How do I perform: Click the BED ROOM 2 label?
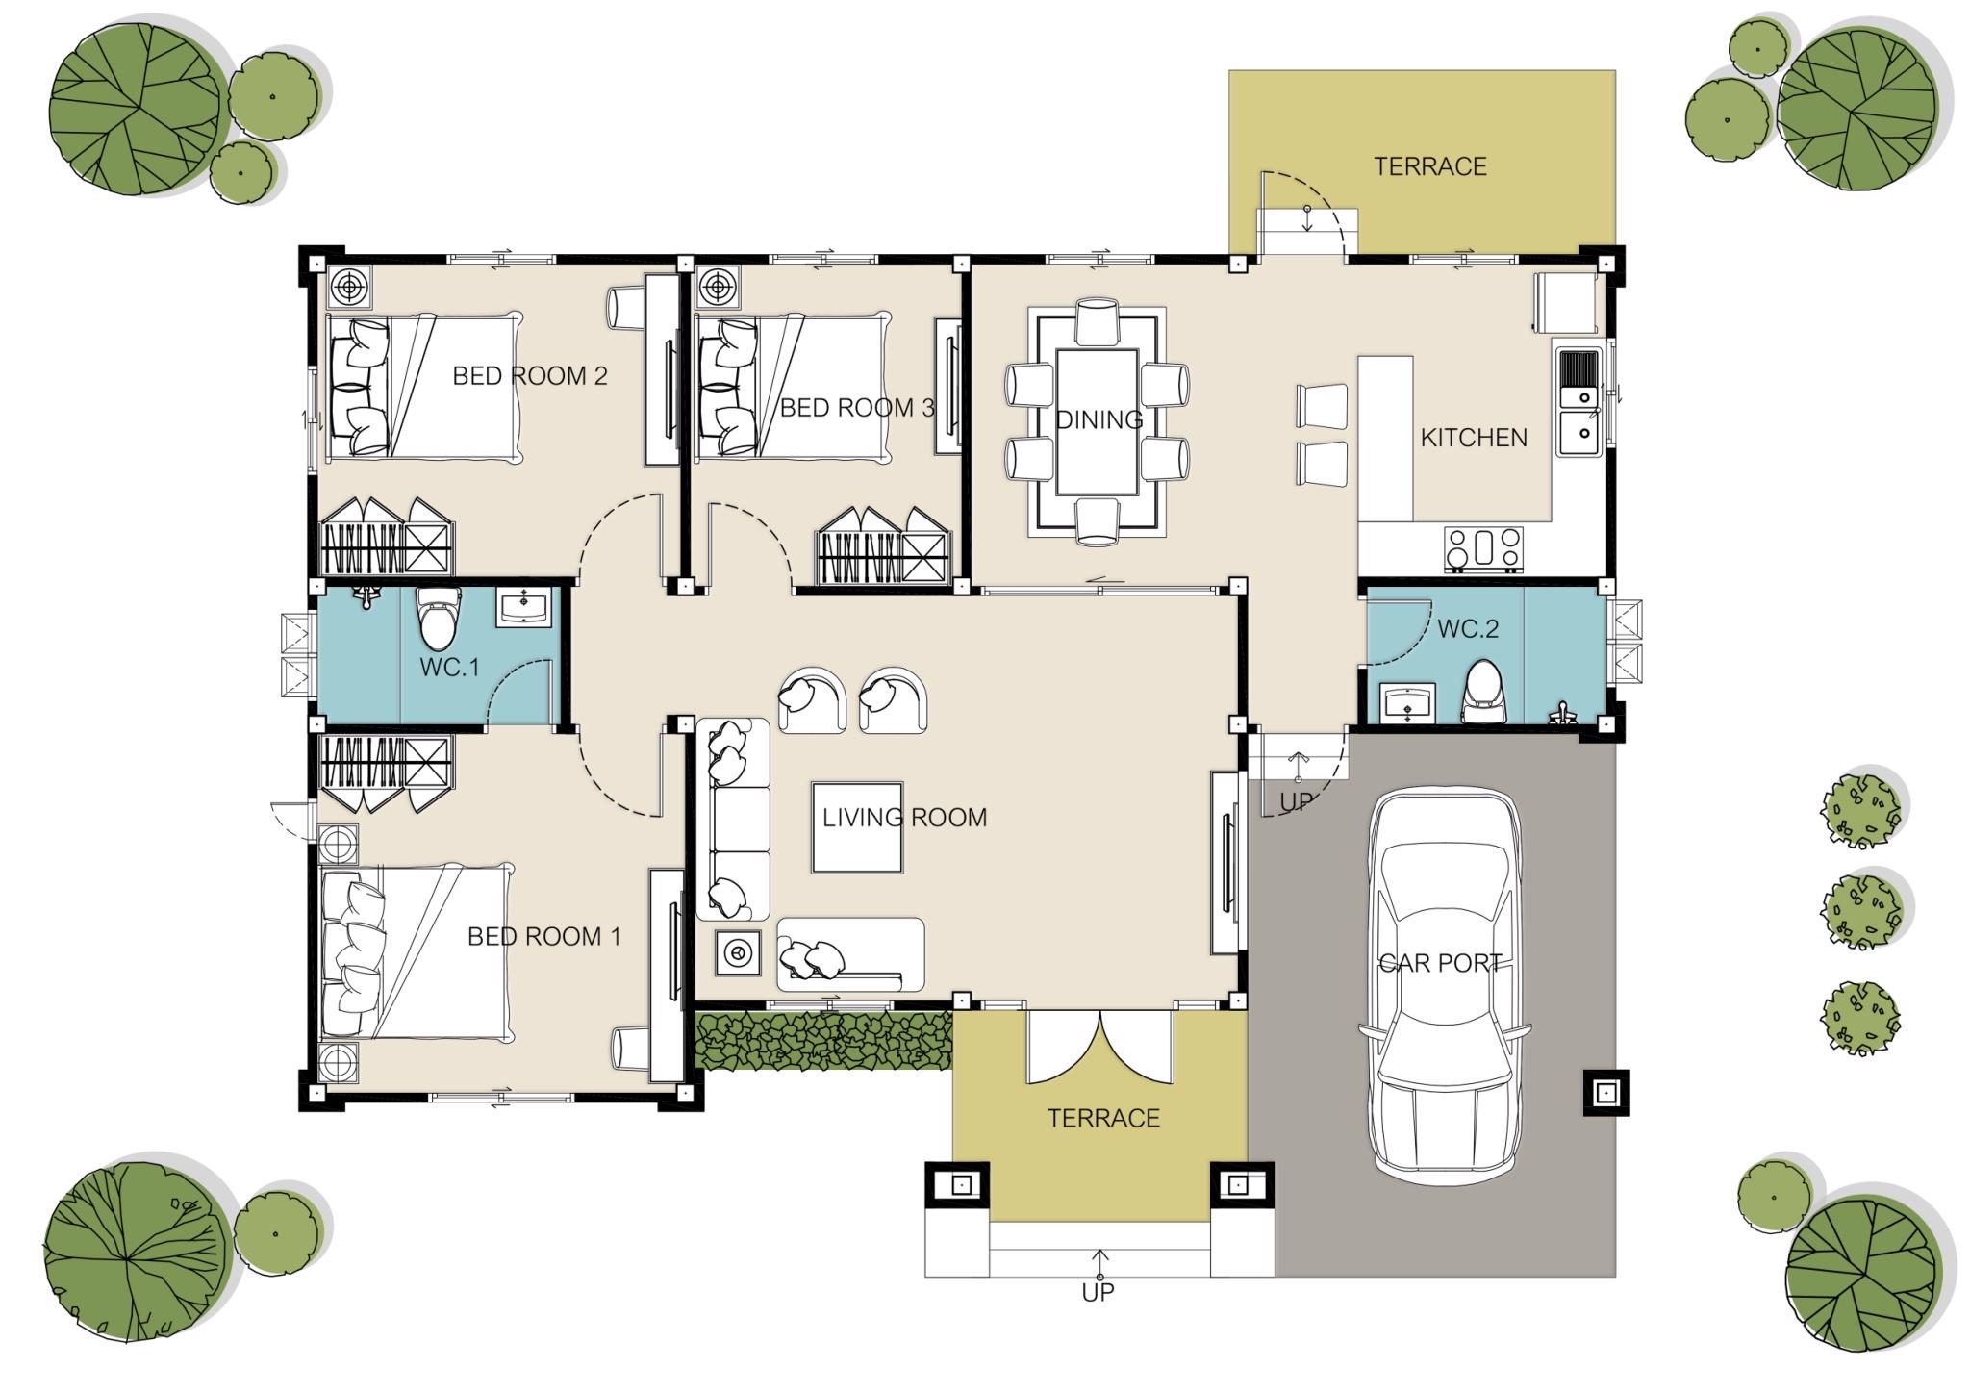tap(530, 376)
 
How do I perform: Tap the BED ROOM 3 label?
tap(857, 408)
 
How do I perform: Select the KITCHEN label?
tap(1474, 438)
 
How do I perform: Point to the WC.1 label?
tap(449, 667)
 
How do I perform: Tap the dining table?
tap(1097, 422)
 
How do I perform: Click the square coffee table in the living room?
tap(857, 827)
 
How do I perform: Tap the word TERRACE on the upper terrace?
tap(1430, 166)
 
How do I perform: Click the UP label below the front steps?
tap(1098, 1293)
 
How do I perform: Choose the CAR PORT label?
tap(1441, 963)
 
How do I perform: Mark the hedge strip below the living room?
tap(823, 1040)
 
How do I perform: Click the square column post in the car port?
tap(1605, 1093)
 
